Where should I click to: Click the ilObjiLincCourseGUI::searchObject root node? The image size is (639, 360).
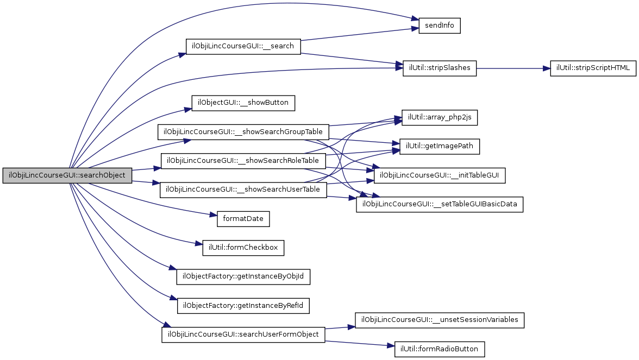(x=67, y=175)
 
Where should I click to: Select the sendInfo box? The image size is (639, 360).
(x=440, y=26)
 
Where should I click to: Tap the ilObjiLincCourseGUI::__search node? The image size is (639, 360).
(x=243, y=46)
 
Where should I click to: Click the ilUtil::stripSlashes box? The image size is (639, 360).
(x=440, y=68)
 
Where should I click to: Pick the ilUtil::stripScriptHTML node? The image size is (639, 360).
(x=593, y=68)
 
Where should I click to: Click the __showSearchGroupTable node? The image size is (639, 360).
(x=243, y=132)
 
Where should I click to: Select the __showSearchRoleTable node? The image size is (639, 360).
(x=243, y=161)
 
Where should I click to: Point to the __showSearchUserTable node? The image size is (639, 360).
(x=243, y=190)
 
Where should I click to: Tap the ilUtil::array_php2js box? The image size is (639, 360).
(x=440, y=117)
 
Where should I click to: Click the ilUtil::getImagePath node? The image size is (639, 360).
(x=440, y=146)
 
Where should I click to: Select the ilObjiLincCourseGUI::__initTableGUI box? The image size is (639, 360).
(x=440, y=175)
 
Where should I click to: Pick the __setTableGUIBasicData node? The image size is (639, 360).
(x=440, y=205)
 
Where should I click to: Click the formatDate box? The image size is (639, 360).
(x=243, y=219)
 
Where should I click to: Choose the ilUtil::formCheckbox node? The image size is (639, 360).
(x=243, y=248)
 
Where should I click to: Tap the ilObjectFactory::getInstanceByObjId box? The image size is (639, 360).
(x=243, y=276)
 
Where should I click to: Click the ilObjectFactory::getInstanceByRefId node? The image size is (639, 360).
(x=243, y=306)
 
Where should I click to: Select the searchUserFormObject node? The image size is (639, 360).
(x=243, y=334)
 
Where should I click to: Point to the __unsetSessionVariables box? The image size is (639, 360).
(x=440, y=320)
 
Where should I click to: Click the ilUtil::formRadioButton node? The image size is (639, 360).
(x=440, y=349)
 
